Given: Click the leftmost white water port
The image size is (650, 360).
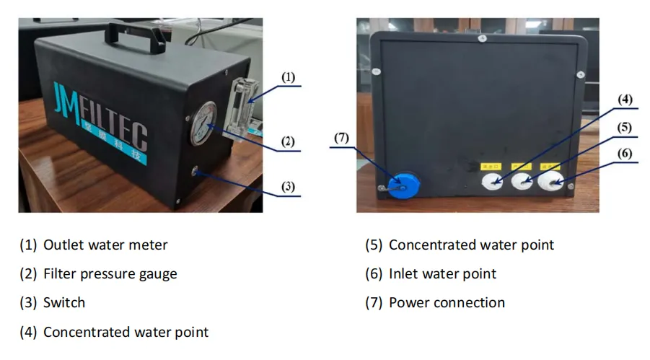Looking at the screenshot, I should [x=492, y=181].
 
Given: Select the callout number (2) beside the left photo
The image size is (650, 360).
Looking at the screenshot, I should [x=288, y=141].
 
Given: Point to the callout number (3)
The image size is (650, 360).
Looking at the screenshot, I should [x=288, y=187].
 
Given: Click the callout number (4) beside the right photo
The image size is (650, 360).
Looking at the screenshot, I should [x=624, y=99].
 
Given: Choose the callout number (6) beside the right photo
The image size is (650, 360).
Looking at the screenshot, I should [x=624, y=153].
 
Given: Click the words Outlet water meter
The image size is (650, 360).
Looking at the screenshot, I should [x=105, y=245].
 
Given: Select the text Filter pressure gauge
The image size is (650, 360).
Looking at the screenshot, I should [x=110, y=273].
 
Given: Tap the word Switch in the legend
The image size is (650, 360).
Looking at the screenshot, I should [x=64, y=302].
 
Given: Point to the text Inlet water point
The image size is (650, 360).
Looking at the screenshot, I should [x=442, y=273].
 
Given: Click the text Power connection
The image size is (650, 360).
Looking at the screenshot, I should [x=447, y=302].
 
